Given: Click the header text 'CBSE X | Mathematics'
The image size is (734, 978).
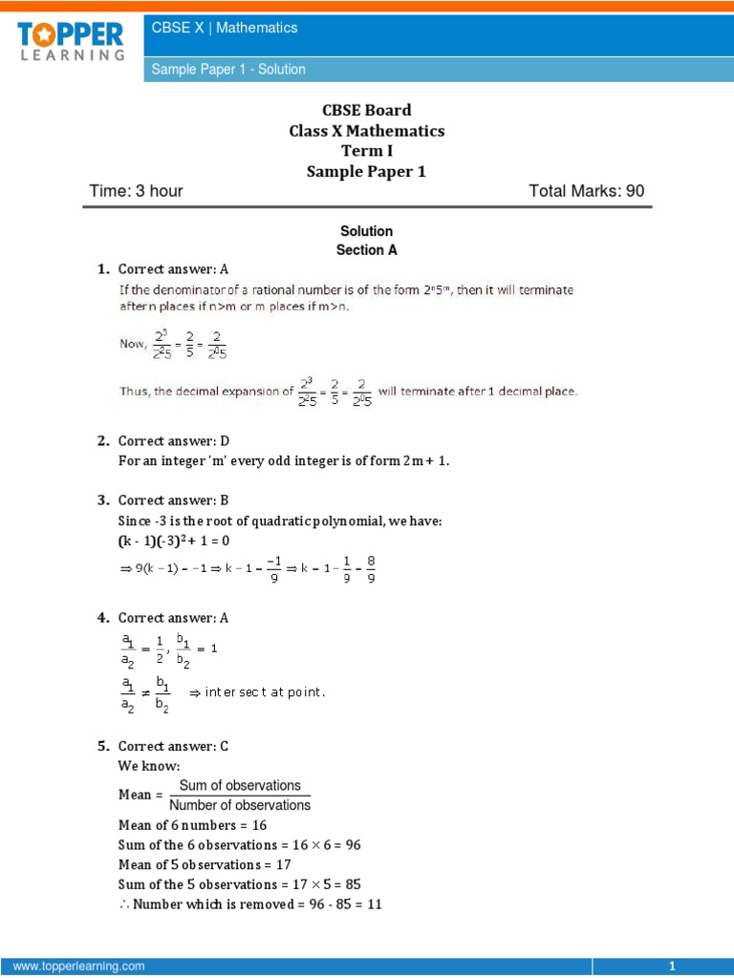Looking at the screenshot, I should (225, 28).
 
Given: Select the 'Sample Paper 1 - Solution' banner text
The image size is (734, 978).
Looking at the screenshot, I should (228, 69).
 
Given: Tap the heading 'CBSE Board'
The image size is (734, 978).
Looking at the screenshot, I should (367, 110).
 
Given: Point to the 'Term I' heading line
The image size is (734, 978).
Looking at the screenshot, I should (367, 151).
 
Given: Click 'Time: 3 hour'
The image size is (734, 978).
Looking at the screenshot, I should (136, 191).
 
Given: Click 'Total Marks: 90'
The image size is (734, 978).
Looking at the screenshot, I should (586, 191).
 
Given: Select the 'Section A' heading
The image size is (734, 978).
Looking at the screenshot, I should (366, 250).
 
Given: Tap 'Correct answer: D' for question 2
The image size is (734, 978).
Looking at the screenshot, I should (174, 440).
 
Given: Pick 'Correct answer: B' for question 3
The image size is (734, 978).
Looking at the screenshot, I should (174, 500).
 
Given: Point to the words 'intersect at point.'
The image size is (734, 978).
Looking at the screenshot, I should (265, 692).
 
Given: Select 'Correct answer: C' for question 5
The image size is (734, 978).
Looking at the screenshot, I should (174, 746).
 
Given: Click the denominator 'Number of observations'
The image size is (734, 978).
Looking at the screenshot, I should (240, 805).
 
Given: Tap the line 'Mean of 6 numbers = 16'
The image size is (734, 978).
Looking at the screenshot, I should (192, 825).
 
